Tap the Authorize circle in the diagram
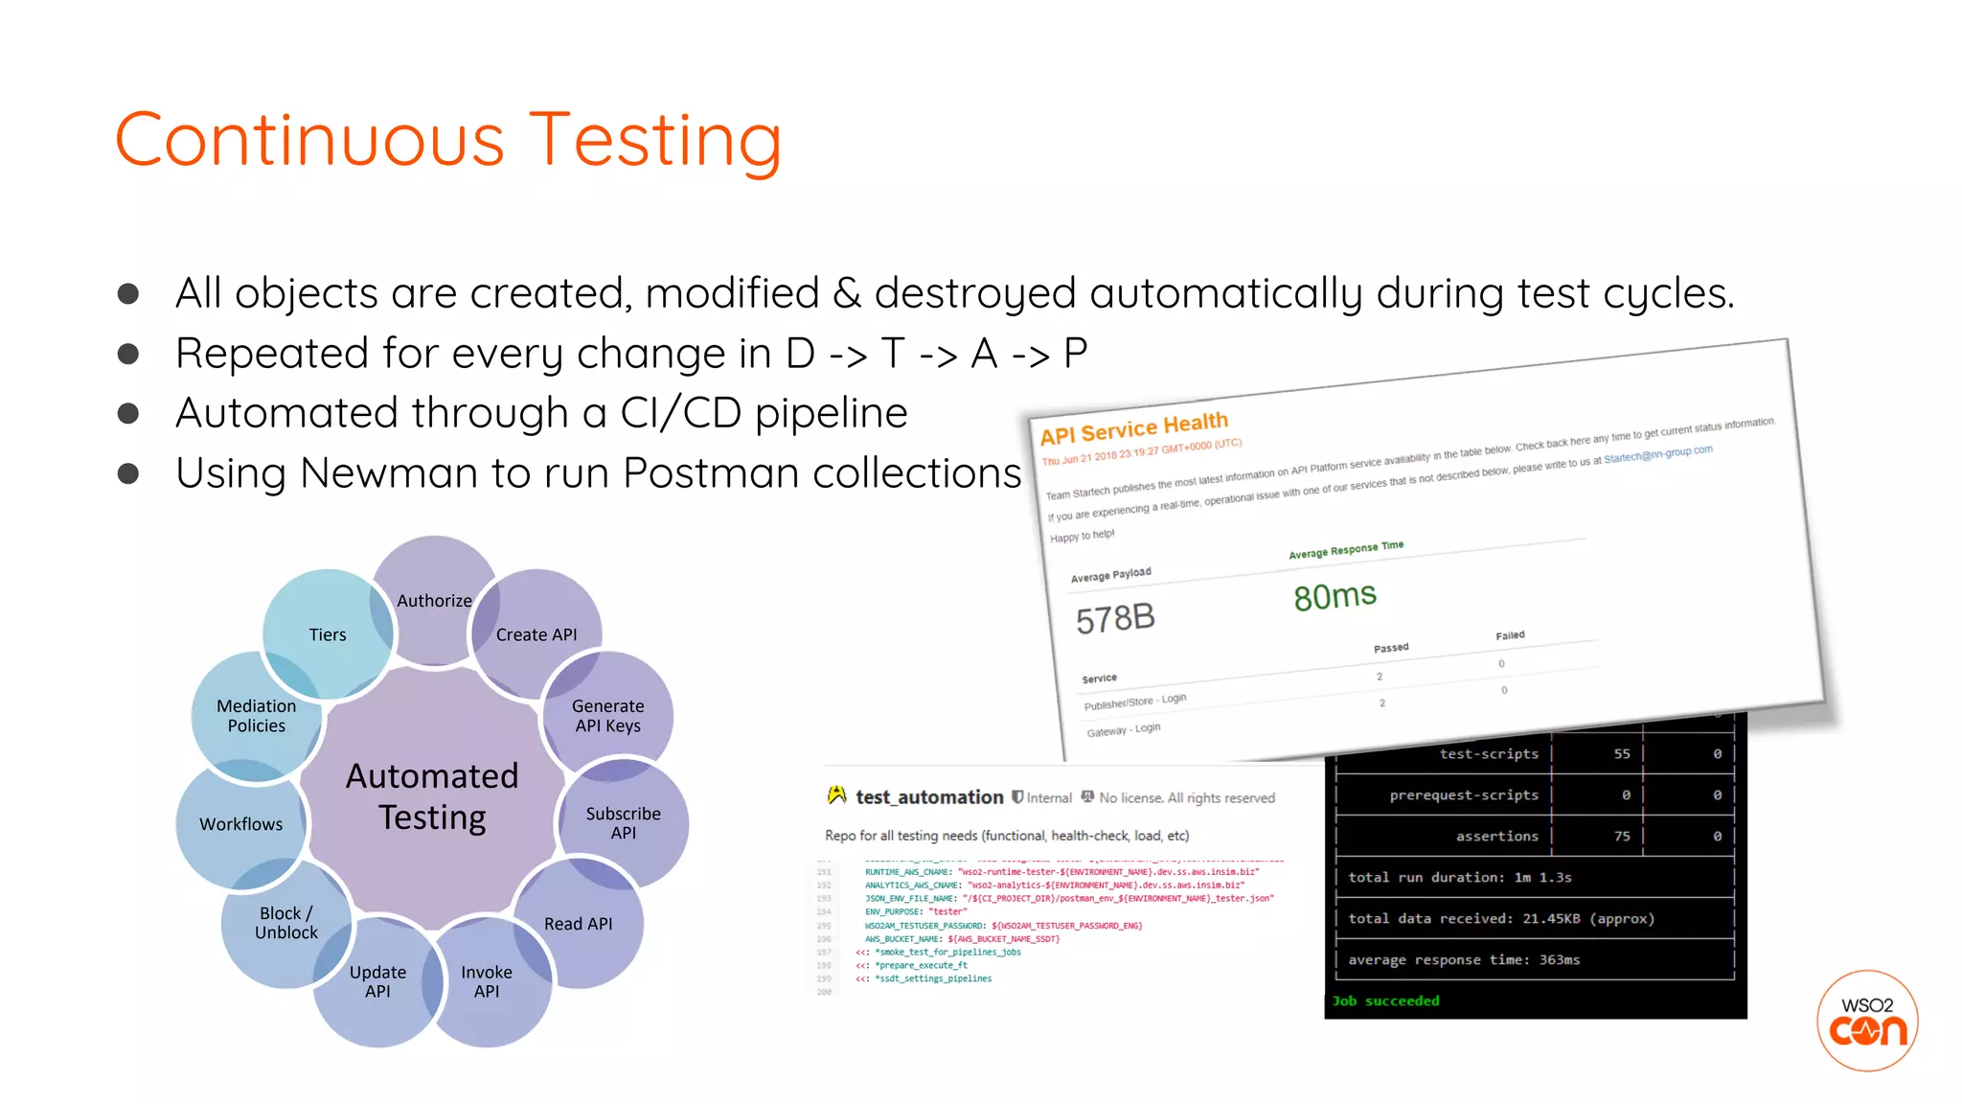434,601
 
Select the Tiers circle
328,634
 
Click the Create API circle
536,634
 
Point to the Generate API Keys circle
607,716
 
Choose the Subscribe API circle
623,823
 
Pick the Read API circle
578,924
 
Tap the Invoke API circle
487,981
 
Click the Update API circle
377,981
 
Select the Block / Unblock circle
285,923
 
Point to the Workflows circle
240,824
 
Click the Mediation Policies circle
256,716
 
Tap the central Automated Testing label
432,796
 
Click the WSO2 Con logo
1867,1021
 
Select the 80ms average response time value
1335,596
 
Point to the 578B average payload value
1115,619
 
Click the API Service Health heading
1134,429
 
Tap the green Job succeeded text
1385,1000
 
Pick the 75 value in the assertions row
1622,836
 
